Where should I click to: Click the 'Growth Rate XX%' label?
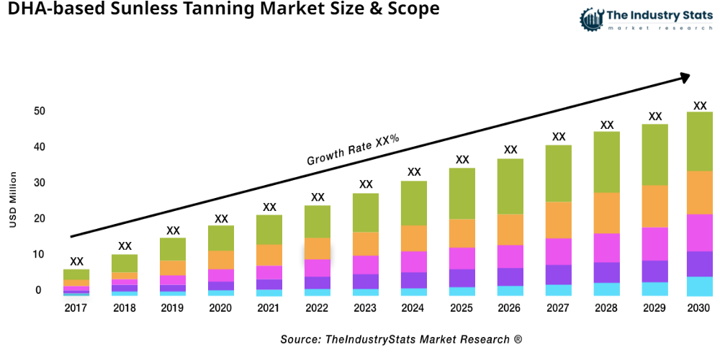click(353, 150)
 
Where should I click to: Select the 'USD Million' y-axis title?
click(13, 200)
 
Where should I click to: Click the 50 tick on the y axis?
click(39, 111)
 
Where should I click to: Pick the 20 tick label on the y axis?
click(39, 219)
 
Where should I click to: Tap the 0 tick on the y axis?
click(39, 290)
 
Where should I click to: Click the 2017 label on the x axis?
click(76, 308)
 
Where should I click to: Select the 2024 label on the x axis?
click(414, 308)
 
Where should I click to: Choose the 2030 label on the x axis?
click(698, 308)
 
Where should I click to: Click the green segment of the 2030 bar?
click(699, 141)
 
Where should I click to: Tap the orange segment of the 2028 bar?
click(606, 213)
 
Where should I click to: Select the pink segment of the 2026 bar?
click(510, 256)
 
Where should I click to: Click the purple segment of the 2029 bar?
click(654, 271)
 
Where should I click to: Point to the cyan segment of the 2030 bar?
click(699, 286)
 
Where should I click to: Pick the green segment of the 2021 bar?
click(269, 230)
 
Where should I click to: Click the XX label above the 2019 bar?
click(173, 230)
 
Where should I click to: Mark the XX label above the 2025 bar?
click(462, 160)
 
